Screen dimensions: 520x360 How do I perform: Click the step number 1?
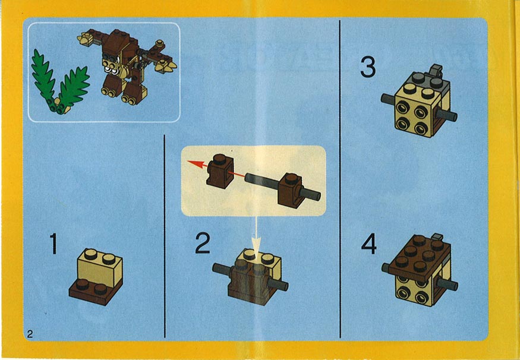coord(53,244)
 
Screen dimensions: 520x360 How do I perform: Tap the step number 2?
coord(203,243)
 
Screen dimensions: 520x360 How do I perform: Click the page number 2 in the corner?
coord(30,334)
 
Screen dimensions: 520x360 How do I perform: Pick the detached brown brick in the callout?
coord(219,171)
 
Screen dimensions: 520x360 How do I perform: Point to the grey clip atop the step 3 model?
coord(436,69)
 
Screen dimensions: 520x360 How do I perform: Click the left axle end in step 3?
coord(388,98)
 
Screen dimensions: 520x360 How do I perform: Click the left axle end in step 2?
coord(221,269)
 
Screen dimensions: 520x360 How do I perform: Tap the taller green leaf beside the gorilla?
coord(43,79)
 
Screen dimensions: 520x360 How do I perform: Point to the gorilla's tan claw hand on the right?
coord(165,67)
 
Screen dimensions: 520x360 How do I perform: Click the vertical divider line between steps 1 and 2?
coord(165,236)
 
